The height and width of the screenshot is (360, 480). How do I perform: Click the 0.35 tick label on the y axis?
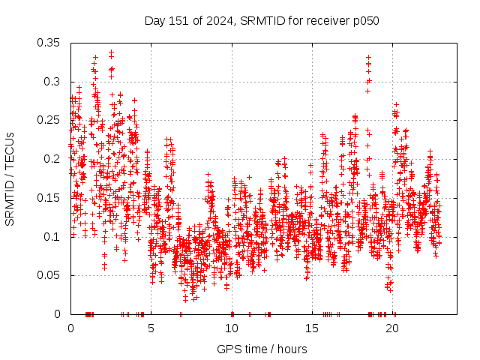pyautogui.click(x=49, y=43)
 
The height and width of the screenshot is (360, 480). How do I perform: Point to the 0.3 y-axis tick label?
pyautogui.click(x=52, y=82)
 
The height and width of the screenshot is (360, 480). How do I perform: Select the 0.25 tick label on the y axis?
pyautogui.click(x=49, y=120)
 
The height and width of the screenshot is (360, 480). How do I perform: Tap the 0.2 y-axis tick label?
pyautogui.click(x=52, y=159)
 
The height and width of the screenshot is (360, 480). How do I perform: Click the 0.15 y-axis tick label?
pyautogui.click(x=49, y=198)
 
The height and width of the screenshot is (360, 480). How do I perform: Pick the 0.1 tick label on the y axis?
pyautogui.click(x=52, y=236)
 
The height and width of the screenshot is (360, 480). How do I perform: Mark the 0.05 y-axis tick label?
pyautogui.click(x=49, y=275)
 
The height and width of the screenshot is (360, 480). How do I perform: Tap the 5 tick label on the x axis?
pyautogui.click(x=151, y=328)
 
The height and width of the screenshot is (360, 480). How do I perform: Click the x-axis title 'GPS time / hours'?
pyautogui.click(x=262, y=349)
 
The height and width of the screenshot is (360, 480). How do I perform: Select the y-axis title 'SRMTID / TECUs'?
pyautogui.click(x=10, y=178)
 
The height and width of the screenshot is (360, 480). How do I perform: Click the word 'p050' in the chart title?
pyautogui.click(x=365, y=21)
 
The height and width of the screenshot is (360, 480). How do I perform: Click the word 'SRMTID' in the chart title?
pyautogui.click(x=259, y=21)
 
